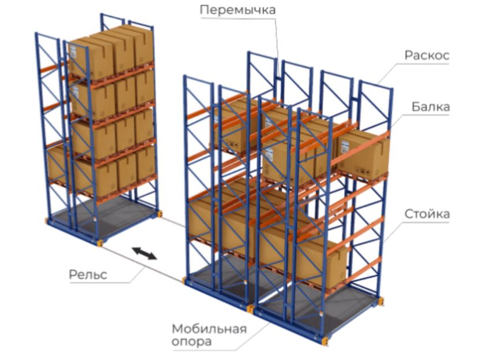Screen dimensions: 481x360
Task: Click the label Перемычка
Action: pyautogui.click(x=237, y=10)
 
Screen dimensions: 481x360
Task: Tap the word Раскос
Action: pyautogui.click(x=426, y=56)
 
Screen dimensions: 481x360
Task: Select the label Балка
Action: pyautogui.click(x=431, y=107)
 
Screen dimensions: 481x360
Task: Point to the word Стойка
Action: pyautogui.click(x=427, y=215)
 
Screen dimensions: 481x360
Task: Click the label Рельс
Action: pyautogui.click(x=88, y=274)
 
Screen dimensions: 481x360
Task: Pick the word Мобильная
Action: pyautogui.click(x=208, y=329)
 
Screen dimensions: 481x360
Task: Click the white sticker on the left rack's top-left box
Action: pyautogui.click(x=73, y=52)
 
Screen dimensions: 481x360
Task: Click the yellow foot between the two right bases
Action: pyautogui.click(x=251, y=309)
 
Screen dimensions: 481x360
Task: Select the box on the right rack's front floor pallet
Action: pyautogui.click(x=320, y=263)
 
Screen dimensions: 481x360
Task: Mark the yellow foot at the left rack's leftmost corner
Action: pyautogui.click(x=47, y=220)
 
